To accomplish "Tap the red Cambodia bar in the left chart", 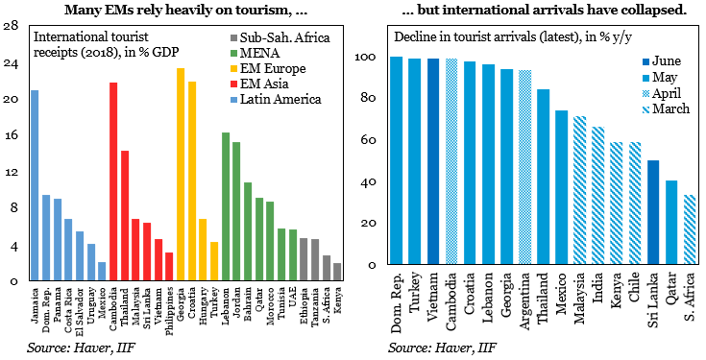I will point(113,181).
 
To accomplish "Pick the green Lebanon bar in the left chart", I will point(226,206).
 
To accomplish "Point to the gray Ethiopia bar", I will point(304,259).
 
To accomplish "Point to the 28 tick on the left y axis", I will point(12,26).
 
